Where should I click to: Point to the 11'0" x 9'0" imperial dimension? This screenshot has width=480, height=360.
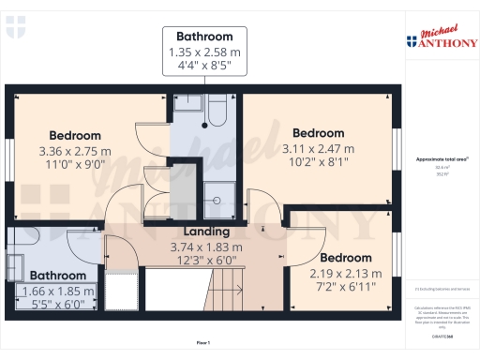pyautogui.click(x=75, y=164)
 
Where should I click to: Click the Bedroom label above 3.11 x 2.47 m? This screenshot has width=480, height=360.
pyautogui.click(x=319, y=133)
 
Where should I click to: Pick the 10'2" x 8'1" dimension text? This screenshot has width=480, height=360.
pyautogui.click(x=319, y=161)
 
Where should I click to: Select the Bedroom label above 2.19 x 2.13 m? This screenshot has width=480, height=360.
pyautogui.click(x=346, y=258)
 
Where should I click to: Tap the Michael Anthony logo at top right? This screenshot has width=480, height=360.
pyautogui.click(x=441, y=38)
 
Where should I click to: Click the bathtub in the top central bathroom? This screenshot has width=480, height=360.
pyautogui.click(x=216, y=112)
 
